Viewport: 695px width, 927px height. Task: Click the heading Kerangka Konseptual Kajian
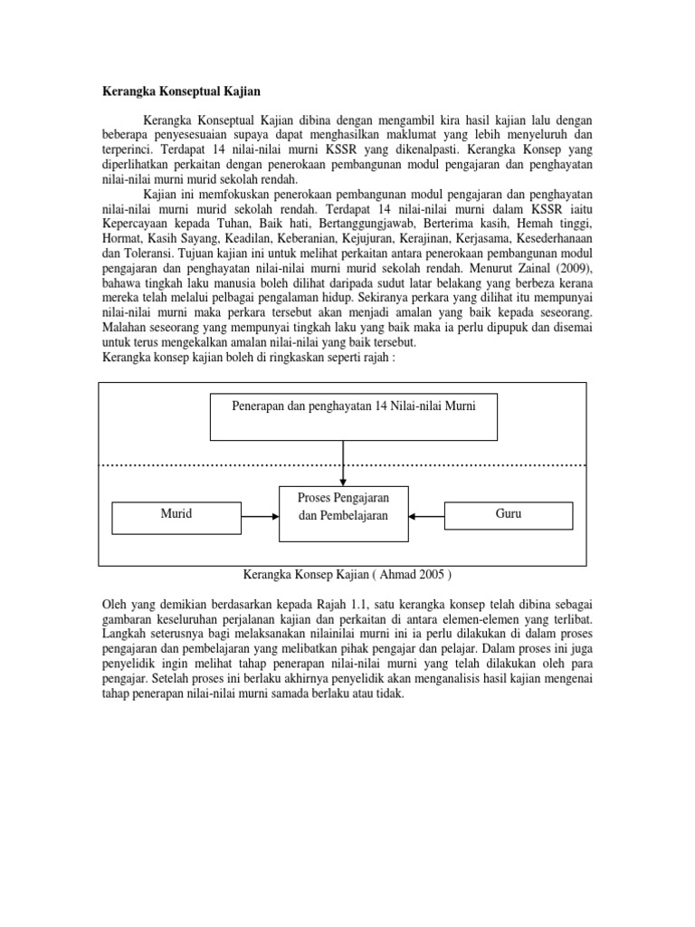pyautogui.click(x=179, y=91)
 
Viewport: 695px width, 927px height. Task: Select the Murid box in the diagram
pyautogui.click(x=177, y=514)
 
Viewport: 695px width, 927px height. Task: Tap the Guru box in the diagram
pyautogui.click(x=509, y=514)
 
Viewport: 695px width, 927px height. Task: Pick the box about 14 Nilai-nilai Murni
pyautogui.click(x=343, y=406)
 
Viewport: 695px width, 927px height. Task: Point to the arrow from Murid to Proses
pyautogui.click(x=262, y=516)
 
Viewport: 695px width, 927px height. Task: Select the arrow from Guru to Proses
pyautogui.click(x=426, y=516)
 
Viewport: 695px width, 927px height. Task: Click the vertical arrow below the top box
pyautogui.click(x=343, y=462)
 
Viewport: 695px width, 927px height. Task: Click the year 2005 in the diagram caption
pyautogui.click(x=423, y=574)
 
